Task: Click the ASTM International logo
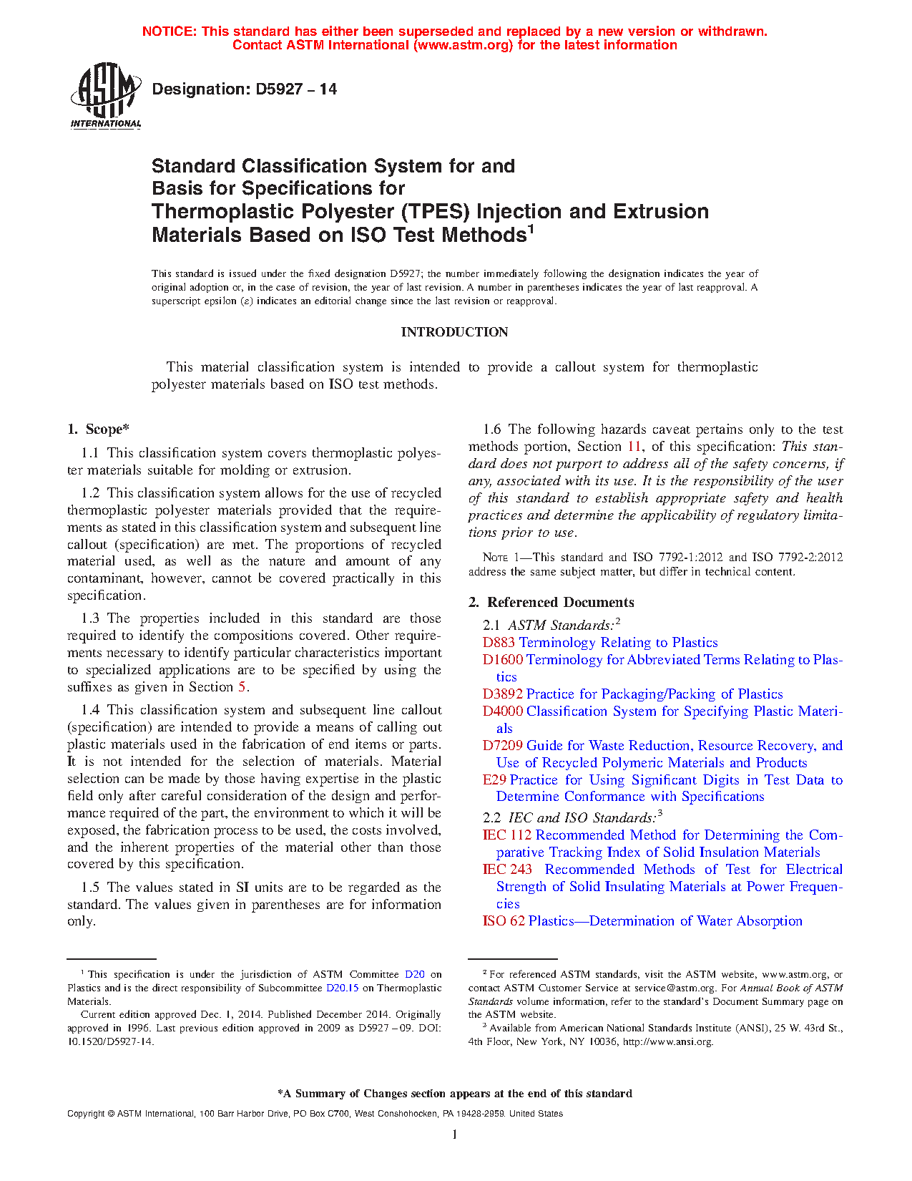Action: [106, 95]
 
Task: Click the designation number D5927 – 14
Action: [244, 89]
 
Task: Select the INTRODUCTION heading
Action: [454, 332]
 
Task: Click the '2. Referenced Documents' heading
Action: [551, 603]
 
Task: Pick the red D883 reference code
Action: [499, 643]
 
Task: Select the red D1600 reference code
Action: [502, 660]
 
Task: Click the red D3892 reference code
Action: [502, 694]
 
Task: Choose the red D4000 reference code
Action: [502, 711]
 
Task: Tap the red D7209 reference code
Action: [502, 746]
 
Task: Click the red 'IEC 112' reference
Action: [507, 835]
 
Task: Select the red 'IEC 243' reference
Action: [507, 870]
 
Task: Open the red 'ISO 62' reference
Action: [504, 921]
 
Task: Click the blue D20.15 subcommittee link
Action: [342, 988]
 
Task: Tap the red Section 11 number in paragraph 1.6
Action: [634, 447]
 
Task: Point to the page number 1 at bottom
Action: [455, 1134]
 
